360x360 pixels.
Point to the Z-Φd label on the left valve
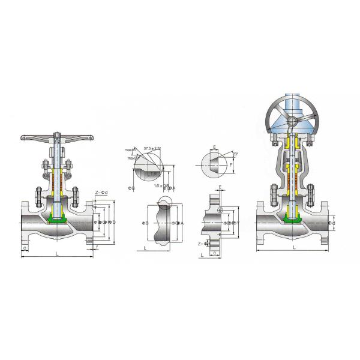(x=101, y=192)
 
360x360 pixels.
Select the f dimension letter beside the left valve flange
(x=97, y=247)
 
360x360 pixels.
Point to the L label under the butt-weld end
(x=145, y=247)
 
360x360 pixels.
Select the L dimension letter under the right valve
(x=294, y=247)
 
